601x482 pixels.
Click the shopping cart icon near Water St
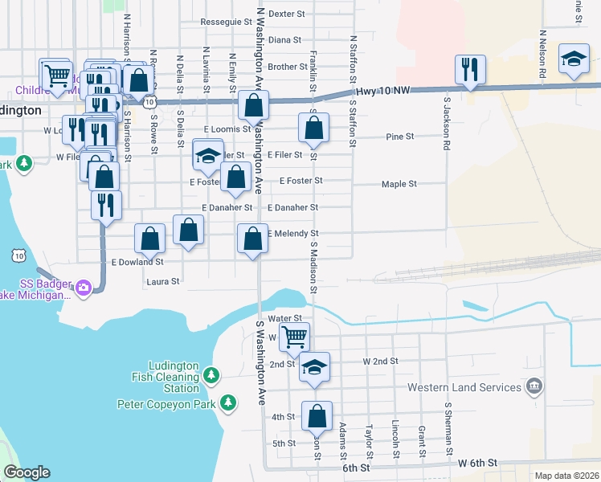tap(295, 336)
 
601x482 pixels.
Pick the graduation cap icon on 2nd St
tap(314, 366)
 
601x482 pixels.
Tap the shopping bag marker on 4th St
tap(317, 415)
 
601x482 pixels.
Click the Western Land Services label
tap(464, 387)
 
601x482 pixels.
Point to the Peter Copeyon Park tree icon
tap(228, 402)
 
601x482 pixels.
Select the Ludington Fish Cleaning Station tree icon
tap(211, 375)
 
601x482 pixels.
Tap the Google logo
tap(27, 472)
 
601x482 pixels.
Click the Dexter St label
tap(288, 14)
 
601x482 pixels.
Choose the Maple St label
tap(399, 184)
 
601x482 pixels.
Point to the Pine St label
tap(399, 137)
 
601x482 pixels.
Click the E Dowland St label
tap(137, 262)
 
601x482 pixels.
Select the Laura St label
tap(162, 282)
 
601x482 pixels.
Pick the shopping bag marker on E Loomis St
tap(313, 126)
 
